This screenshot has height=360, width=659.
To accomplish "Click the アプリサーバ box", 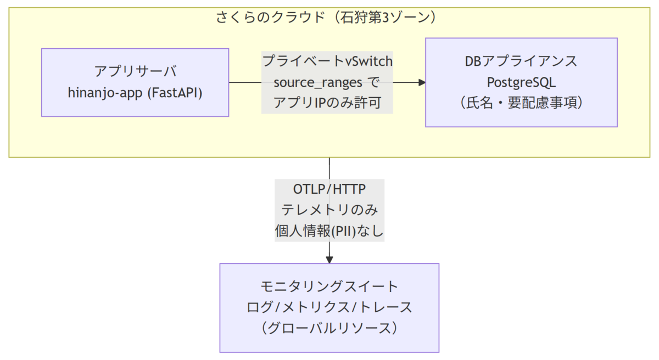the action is [135, 82].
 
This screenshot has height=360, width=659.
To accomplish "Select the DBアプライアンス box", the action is [521, 82].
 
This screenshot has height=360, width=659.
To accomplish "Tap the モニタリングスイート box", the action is [329, 308].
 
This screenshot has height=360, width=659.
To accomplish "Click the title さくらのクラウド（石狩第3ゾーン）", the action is [326, 17].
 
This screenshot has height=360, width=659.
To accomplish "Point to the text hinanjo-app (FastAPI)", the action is [135, 93].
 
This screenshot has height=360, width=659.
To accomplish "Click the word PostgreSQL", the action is [521, 82].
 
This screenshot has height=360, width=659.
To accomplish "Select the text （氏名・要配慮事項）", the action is [521, 103].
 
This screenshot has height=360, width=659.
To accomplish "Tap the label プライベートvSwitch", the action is [327, 61].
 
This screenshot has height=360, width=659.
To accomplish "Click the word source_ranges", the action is [318, 82].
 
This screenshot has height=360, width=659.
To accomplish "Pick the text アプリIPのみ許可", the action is [327, 103].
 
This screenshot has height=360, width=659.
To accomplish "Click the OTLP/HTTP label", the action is [329, 189].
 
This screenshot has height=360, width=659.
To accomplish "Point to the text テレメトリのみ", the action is [329, 210].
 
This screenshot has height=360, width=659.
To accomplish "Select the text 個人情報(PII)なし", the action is [329, 231].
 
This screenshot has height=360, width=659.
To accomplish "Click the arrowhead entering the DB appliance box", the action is [422, 82].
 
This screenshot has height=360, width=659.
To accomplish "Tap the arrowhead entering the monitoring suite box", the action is [329, 260].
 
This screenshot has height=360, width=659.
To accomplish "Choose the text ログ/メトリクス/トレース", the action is [329, 307].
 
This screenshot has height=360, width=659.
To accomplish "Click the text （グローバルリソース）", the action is [329, 328].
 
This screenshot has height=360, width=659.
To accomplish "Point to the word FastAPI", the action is [175, 93].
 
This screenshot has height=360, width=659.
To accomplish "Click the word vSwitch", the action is [369, 61].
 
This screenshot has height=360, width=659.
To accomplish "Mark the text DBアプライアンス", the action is [521, 61].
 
